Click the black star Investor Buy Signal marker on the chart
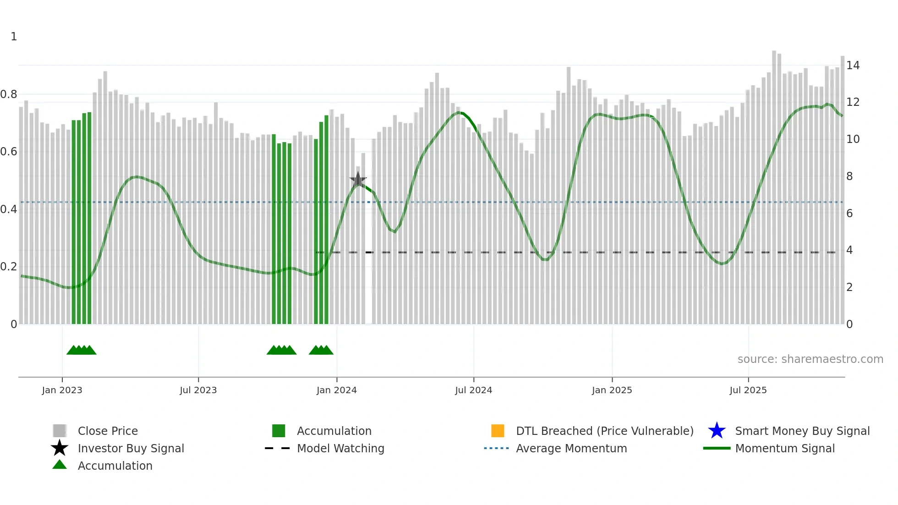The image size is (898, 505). coord(358,180)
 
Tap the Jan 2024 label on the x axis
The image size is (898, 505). coord(336,390)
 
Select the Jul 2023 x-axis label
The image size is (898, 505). coord(198,390)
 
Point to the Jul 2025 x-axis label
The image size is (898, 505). coord(748,390)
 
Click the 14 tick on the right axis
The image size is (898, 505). coord(853,66)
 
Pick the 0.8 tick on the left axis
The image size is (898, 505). coord(9,94)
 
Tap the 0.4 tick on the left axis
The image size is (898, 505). coord(9,209)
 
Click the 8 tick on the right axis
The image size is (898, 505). coord(849,176)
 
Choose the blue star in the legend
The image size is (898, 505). coord(717,431)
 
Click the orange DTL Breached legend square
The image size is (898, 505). coord(498,431)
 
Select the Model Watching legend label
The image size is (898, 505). coord(340,448)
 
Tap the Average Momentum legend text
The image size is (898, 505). coord(571,448)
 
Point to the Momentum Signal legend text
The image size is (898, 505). coord(785,448)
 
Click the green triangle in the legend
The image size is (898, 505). coord(60,465)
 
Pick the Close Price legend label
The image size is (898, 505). coord(108,431)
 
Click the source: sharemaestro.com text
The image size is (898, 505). coord(810,359)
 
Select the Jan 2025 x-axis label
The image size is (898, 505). coord(612,390)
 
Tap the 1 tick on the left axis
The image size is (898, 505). coord(14,37)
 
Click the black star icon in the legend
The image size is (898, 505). coord(60,448)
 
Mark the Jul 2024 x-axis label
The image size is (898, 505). coord(473,390)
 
